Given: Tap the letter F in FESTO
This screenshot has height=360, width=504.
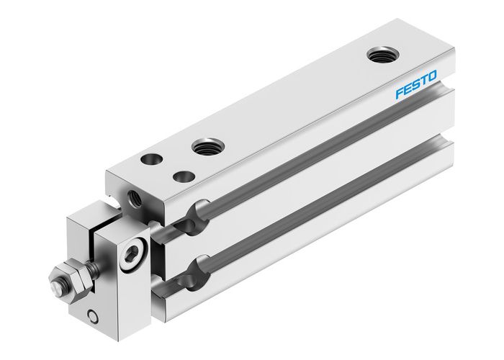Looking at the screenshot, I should [399, 96].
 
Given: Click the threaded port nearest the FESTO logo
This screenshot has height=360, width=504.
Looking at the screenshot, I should [381, 55].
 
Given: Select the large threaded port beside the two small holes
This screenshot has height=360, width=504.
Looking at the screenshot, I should [207, 147].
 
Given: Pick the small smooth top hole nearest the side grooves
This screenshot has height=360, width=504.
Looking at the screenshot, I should [185, 175].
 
